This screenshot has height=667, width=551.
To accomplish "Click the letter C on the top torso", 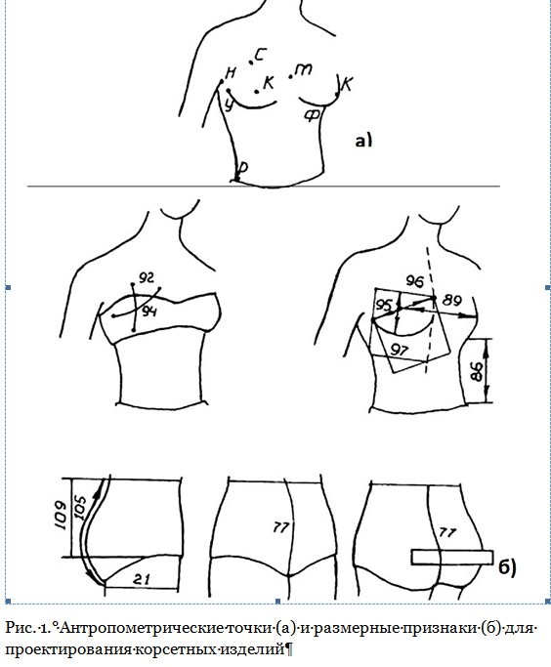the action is coord(261,54).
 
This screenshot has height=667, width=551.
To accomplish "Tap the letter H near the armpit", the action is coord(231,73).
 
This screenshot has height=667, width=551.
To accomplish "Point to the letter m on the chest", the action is coord(304,69).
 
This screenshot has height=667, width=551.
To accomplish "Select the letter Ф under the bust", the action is coord(313,115).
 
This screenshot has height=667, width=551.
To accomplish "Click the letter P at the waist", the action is coord(242,168).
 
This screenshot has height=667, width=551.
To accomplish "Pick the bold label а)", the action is coord(363,140).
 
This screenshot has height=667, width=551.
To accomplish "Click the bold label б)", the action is coord(508,567).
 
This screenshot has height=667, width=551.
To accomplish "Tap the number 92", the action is coord(147,278).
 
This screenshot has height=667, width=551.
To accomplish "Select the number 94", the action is coord(149,312).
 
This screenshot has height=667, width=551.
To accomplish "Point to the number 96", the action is coord(415,281).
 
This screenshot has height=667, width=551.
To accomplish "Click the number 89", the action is coord(452,301).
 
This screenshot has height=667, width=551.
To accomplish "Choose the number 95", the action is coord(384,305).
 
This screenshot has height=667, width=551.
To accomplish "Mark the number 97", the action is coord(400,350).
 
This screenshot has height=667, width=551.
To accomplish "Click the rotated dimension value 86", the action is coord(478,372).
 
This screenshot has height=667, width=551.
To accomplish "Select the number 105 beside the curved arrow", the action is coord(80,507).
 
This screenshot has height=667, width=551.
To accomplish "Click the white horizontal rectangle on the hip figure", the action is coord(452,558).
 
